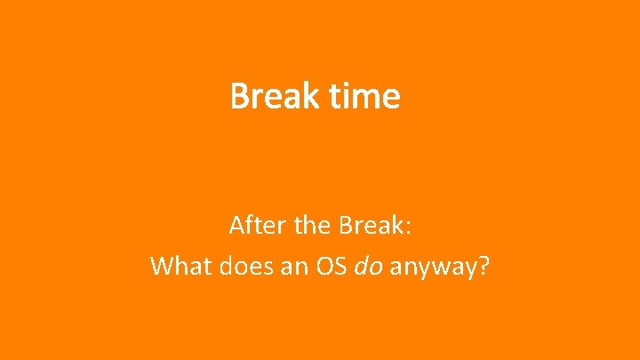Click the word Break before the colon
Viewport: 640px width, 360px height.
[x=370, y=226]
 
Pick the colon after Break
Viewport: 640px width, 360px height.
[x=407, y=229]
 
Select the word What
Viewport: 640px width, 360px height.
[x=178, y=266]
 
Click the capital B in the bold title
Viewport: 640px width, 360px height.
[x=239, y=96]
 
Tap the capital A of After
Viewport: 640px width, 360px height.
[x=237, y=226]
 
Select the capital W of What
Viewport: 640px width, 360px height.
[x=163, y=266]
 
